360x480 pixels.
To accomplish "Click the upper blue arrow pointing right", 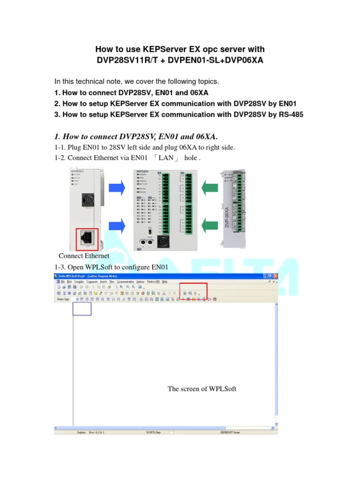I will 117,188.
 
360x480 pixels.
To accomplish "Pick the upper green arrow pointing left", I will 210,188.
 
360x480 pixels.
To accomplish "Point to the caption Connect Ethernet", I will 84,256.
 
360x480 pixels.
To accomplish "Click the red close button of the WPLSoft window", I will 275,276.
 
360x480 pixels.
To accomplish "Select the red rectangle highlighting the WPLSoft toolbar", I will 193,291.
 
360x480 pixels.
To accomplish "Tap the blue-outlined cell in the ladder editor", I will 82,308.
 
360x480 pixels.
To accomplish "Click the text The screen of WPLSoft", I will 202,389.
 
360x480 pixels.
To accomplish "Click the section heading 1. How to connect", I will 136,136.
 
